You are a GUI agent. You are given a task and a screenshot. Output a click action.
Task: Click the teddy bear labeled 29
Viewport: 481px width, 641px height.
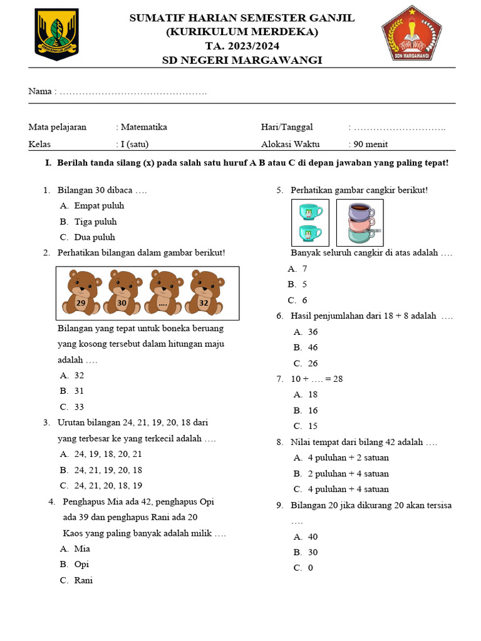pos(81,293)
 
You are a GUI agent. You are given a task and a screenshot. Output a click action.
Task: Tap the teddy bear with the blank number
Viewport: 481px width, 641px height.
pos(163,293)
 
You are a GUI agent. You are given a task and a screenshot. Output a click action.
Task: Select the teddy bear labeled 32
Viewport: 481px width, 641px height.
pos(204,293)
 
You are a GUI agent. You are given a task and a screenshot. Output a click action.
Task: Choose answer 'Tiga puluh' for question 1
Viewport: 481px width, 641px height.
pos(95,222)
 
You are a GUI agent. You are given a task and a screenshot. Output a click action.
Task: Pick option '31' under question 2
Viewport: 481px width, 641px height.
pos(79,391)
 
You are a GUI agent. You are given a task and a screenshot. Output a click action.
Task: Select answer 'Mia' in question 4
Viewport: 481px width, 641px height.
pos(82,548)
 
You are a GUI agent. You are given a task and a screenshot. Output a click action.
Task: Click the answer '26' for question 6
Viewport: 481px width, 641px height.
pos(313,363)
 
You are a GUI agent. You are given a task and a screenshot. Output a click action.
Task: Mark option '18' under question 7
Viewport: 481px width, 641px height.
pos(313,394)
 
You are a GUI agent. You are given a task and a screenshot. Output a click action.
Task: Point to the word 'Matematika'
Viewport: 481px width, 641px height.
pos(143,127)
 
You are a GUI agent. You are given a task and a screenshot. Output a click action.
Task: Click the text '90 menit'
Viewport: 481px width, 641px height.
pos(370,144)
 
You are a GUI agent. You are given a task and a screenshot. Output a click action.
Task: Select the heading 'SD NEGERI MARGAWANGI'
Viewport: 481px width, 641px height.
pos(242,60)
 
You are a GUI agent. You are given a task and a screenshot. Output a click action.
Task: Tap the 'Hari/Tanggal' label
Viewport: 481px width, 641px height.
pos(286,127)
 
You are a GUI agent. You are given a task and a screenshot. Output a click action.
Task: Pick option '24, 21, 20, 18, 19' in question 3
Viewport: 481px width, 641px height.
pos(108,485)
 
